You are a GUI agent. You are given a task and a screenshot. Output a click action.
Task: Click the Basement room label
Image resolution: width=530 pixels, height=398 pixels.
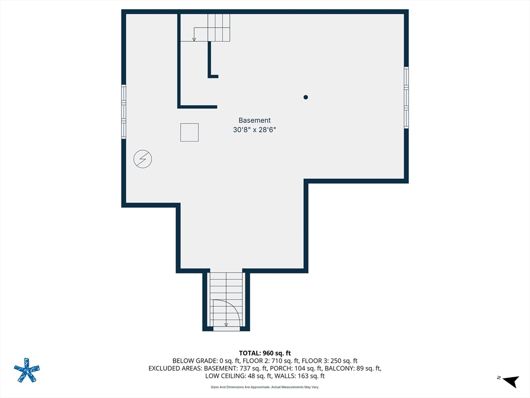[x=255, y=120]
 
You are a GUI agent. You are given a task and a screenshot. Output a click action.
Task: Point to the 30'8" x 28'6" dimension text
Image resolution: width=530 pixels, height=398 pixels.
[x=255, y=130]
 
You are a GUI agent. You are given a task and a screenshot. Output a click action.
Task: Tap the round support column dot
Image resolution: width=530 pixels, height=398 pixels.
[x=305, y=97]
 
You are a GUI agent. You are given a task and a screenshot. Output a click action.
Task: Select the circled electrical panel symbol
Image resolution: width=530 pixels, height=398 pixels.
[x=143, y=159]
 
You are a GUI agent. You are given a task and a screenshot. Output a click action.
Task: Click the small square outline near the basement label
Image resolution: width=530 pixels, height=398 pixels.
[x=189, y=132]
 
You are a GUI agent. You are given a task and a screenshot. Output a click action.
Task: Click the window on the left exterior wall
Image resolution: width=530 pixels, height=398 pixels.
[x=124, y=112]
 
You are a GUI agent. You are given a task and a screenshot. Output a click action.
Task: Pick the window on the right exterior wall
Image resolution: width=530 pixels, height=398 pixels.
[x=406, y=97]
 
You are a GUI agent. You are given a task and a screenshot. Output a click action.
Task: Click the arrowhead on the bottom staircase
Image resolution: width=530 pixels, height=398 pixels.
[x=226, y=324]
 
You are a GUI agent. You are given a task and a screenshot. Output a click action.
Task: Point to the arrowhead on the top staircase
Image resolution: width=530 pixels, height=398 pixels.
[x=194, y=39]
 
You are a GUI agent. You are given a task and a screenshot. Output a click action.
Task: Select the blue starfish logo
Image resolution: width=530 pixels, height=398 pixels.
[x=27, y=370]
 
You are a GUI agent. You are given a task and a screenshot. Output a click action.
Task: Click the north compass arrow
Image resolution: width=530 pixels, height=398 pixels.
[x=510, y=381]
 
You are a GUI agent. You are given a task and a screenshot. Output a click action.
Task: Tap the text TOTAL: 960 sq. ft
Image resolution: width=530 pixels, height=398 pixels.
[x=264, y=353]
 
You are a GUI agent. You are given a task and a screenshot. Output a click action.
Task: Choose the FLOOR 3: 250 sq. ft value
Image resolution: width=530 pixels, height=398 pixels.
[x=330, y=361]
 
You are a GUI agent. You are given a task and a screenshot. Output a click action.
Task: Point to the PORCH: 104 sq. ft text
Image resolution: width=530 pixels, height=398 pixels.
[x=293, y=368]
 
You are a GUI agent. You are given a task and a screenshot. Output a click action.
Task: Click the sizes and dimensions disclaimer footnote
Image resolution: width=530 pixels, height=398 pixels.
[x=264, y=387]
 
